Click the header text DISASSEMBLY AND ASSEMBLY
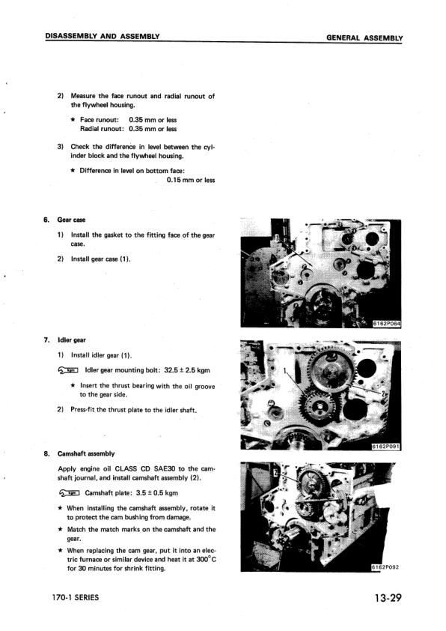(x=104, y=36)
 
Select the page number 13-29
(x=387, y=598)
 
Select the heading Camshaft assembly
(x=86, y=453)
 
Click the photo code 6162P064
(x=387, y=323)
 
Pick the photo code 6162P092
(x=387, y=567)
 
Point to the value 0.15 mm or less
(x=189, y=180)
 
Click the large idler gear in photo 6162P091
(x=330, y=374)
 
